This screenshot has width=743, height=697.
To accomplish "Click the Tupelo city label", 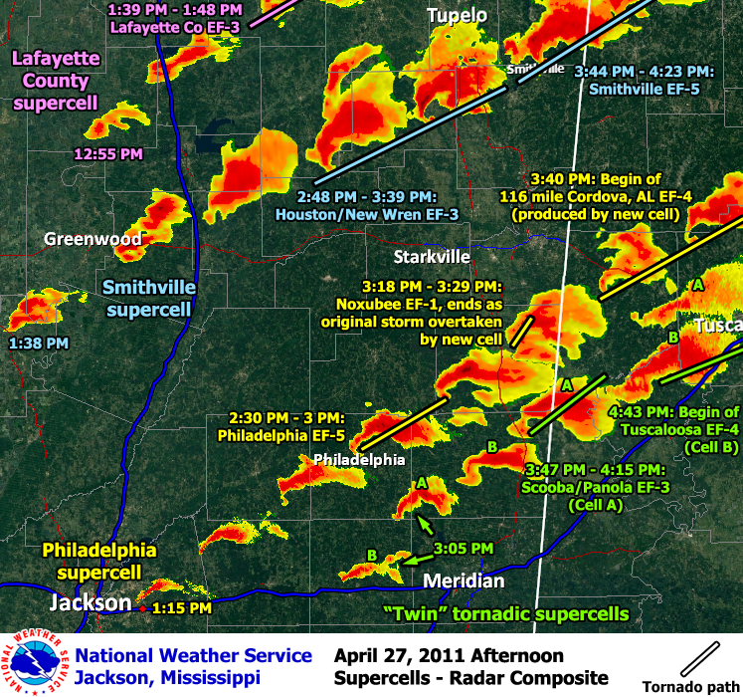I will [458, 15].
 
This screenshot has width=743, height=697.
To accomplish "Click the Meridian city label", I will [464, 581].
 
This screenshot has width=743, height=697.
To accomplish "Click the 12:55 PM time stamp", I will [108, 154].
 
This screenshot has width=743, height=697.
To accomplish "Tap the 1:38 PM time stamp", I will [39, 343].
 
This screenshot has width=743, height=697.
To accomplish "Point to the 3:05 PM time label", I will [464, 548].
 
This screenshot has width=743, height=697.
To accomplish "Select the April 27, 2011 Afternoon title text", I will [449, 655].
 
